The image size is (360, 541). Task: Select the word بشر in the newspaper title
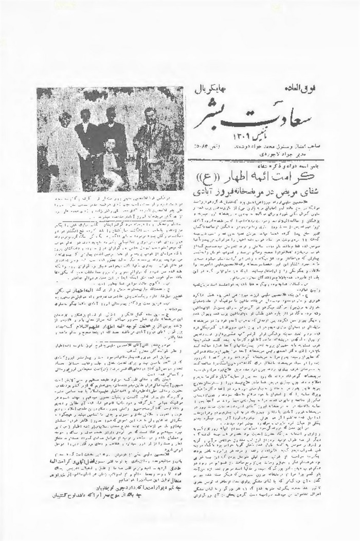pos(212,114)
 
